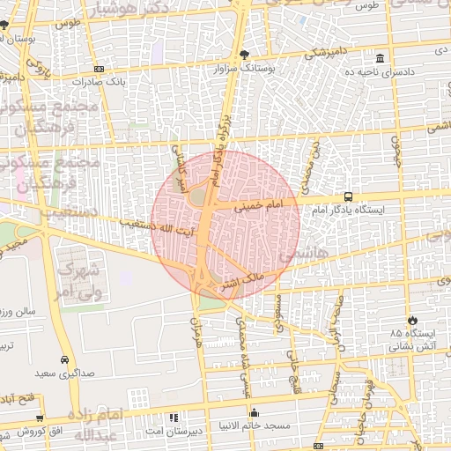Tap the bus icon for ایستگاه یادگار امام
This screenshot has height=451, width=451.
tap(349, 197)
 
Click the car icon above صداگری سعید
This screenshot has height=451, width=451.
tap(65, 360)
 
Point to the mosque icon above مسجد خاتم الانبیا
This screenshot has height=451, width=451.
tap(254, 412)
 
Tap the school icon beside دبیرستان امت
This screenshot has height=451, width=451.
tap(174, 417)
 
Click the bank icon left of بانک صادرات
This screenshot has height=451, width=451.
tap(99, 68)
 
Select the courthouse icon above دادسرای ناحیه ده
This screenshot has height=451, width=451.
tap(380, 56)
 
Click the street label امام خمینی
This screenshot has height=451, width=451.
tap(262, 203)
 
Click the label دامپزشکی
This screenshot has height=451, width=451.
tap(327, 54)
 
